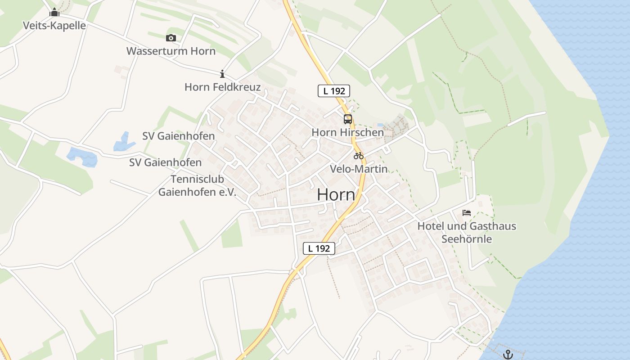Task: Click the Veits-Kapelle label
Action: tap(54, 25)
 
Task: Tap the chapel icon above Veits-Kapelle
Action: tap(54, 12)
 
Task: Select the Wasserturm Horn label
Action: tap(171, 51)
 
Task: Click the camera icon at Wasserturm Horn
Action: tap(171, 38)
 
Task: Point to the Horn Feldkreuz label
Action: tap(222, 87)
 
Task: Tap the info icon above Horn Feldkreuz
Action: tap(222, 74)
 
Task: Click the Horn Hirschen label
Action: tap(347, 132)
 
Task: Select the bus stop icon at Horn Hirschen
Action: tap(348, 119)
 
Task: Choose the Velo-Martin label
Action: tap(359, 169)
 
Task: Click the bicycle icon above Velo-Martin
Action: tap(359, 156)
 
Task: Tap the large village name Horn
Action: tap(336, 195)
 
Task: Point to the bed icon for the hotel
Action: tap(467, 213)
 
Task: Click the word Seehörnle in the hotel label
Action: tap(467, 238)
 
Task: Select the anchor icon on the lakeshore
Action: tap(508, 354)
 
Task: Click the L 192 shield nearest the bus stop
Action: tap(334, 91)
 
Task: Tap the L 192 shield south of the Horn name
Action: tap(319, 248)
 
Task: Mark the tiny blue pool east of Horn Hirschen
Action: tap(380, 125)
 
